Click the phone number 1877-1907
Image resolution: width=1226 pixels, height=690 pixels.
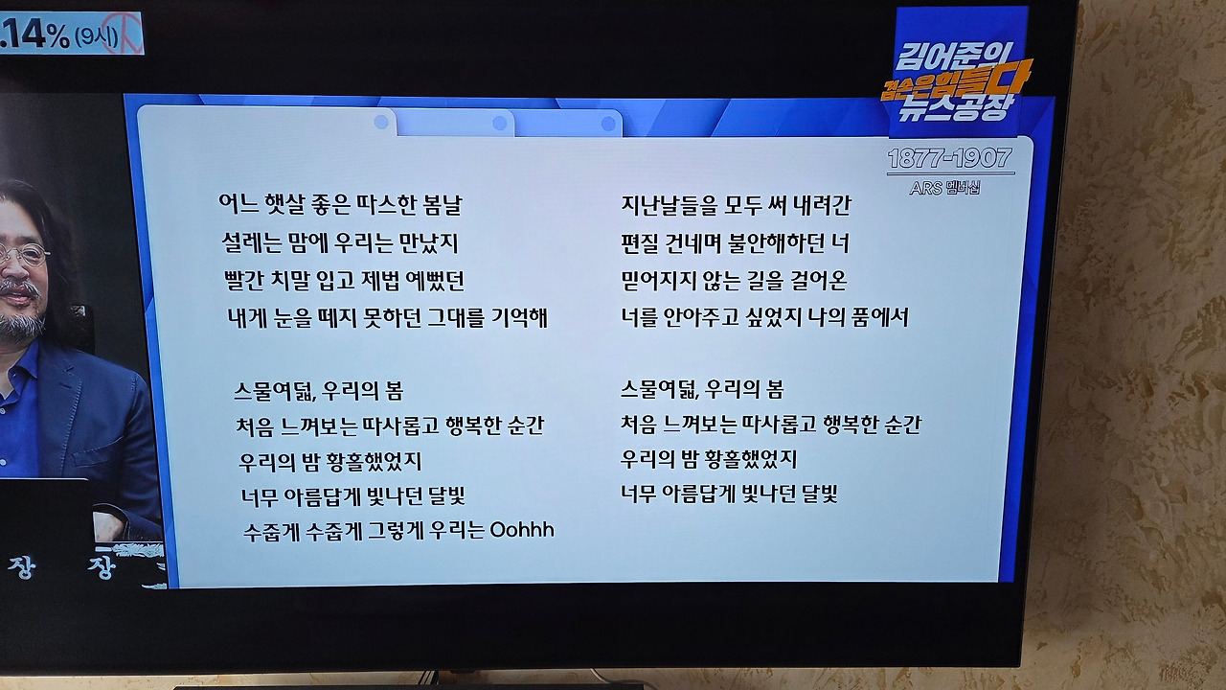[949, 159]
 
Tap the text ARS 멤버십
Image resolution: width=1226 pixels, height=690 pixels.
[944, 189]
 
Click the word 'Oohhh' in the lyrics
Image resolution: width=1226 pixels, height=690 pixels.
[522, 530]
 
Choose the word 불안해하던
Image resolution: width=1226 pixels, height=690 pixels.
[777, 243]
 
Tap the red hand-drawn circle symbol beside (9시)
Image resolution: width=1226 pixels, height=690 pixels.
[127, 32]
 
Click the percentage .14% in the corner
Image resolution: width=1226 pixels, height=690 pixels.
[35, 34]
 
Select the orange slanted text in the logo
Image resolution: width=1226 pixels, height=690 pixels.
[956, 81]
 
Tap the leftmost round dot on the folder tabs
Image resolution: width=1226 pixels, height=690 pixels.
[381, 122]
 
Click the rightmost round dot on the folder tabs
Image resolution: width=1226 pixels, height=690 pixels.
[608, 125]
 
